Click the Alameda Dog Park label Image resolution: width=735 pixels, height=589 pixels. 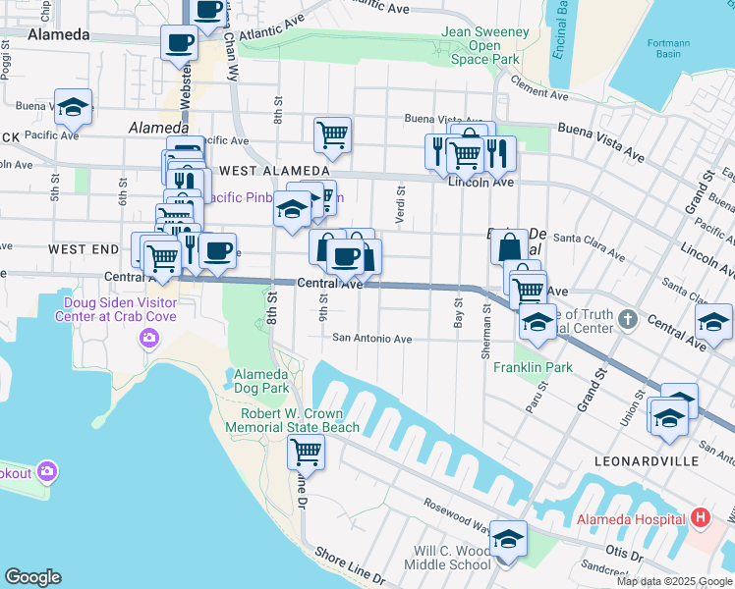click(260, 382)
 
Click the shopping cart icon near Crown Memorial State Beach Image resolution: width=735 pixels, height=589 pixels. click(306, 453)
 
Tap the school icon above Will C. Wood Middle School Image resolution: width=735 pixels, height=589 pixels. click(509, 540)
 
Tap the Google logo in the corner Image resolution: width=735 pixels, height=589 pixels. click(33, 576)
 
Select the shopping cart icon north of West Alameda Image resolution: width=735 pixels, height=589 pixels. click(333, 135)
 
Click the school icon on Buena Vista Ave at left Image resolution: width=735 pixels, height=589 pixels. click(73, 108)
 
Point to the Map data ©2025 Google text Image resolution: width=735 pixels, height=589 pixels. click(674, 581)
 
